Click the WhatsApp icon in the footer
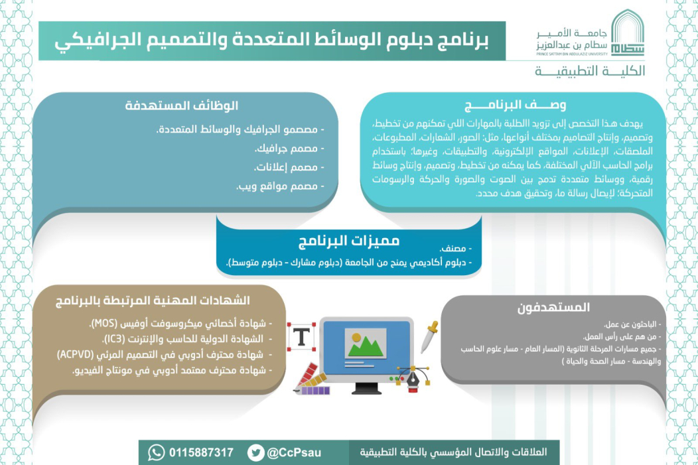(156, 452)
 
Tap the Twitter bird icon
(255, 452)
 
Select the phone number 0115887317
(202, 452)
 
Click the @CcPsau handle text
(294, 452)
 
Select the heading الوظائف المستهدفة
(181, 106)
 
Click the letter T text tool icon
(303, 336)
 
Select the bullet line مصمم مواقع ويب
(280, 187)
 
